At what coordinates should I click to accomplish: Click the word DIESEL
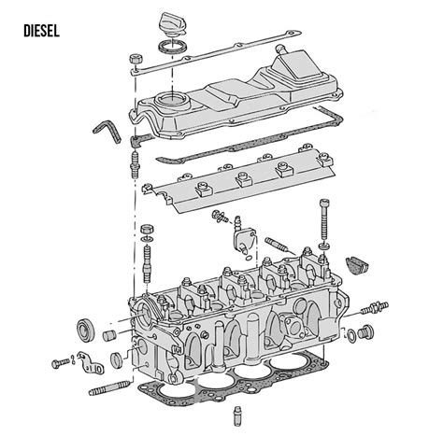pyautogui.click(x=41, y=31)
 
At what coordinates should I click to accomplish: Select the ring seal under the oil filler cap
pyautogui.click(x=173, y=46)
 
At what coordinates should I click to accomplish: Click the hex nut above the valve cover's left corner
pyautogui.click(x=136, y=59)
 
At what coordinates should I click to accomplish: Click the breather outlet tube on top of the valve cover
pyautogui.click(x=281, y=49)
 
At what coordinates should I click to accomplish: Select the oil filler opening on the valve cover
pyautogui.click(x=172, y=100)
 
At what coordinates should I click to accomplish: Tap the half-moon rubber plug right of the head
pyautogui.click(x=357, y=266)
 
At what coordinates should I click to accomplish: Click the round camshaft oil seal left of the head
pyautogui.click(x=85, y=330)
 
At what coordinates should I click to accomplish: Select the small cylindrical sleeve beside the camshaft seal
pyautogui.click(x=109, y=335)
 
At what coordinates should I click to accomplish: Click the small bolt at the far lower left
pyautogui.click(x=61, y=362)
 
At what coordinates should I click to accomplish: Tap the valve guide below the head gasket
pyautogui.click(x=237, y=415)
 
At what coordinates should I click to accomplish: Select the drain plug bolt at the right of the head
pyautogui.click(x=366, y=332)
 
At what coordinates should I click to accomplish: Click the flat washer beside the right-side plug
pyautogui.click(x=351, y=336)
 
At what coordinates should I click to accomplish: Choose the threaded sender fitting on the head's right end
pyautogui.click(x=375, y=308)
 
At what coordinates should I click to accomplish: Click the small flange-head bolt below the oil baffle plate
pyautogui.click(x=219, y=216)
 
